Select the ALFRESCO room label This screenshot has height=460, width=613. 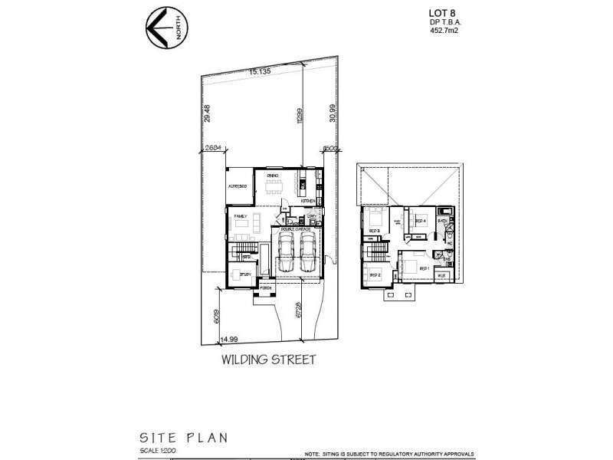pyautogui.click(x=237, y=188)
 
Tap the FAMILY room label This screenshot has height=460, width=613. pyautogui.click(x=240, y=218)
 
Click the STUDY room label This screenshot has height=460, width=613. pyautogui.click(x=246, y=274)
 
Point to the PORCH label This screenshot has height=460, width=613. pyautogui.click(x=266, y=289)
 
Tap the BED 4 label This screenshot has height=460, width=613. pyautogui.click(x=420, y=221)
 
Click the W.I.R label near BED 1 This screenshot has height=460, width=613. pyautogui.click(x=441, y=274)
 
